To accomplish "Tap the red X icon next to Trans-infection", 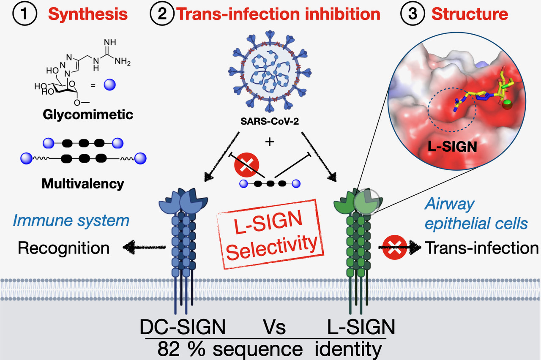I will [x=394, y=248].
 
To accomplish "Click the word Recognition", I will [x=63, y=248].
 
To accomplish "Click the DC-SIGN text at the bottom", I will [x=183, y=327].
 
